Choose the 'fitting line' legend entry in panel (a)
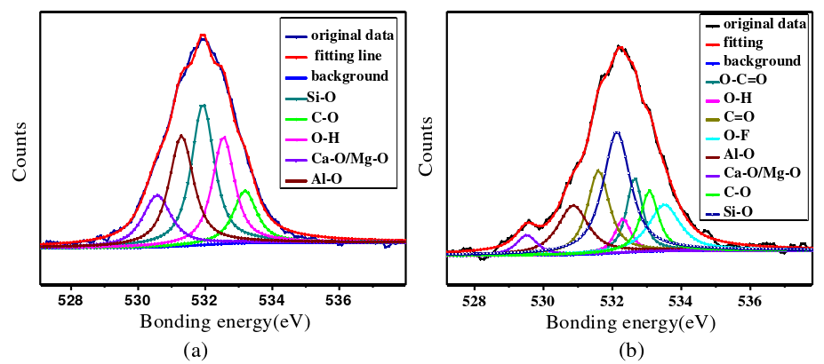click(343, 56)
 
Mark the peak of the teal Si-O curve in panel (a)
click(204, 105)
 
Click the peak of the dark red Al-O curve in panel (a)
click(181, 135)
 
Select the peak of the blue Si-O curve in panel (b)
click(616, 131)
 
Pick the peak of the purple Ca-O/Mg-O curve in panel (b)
click(526, 234)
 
